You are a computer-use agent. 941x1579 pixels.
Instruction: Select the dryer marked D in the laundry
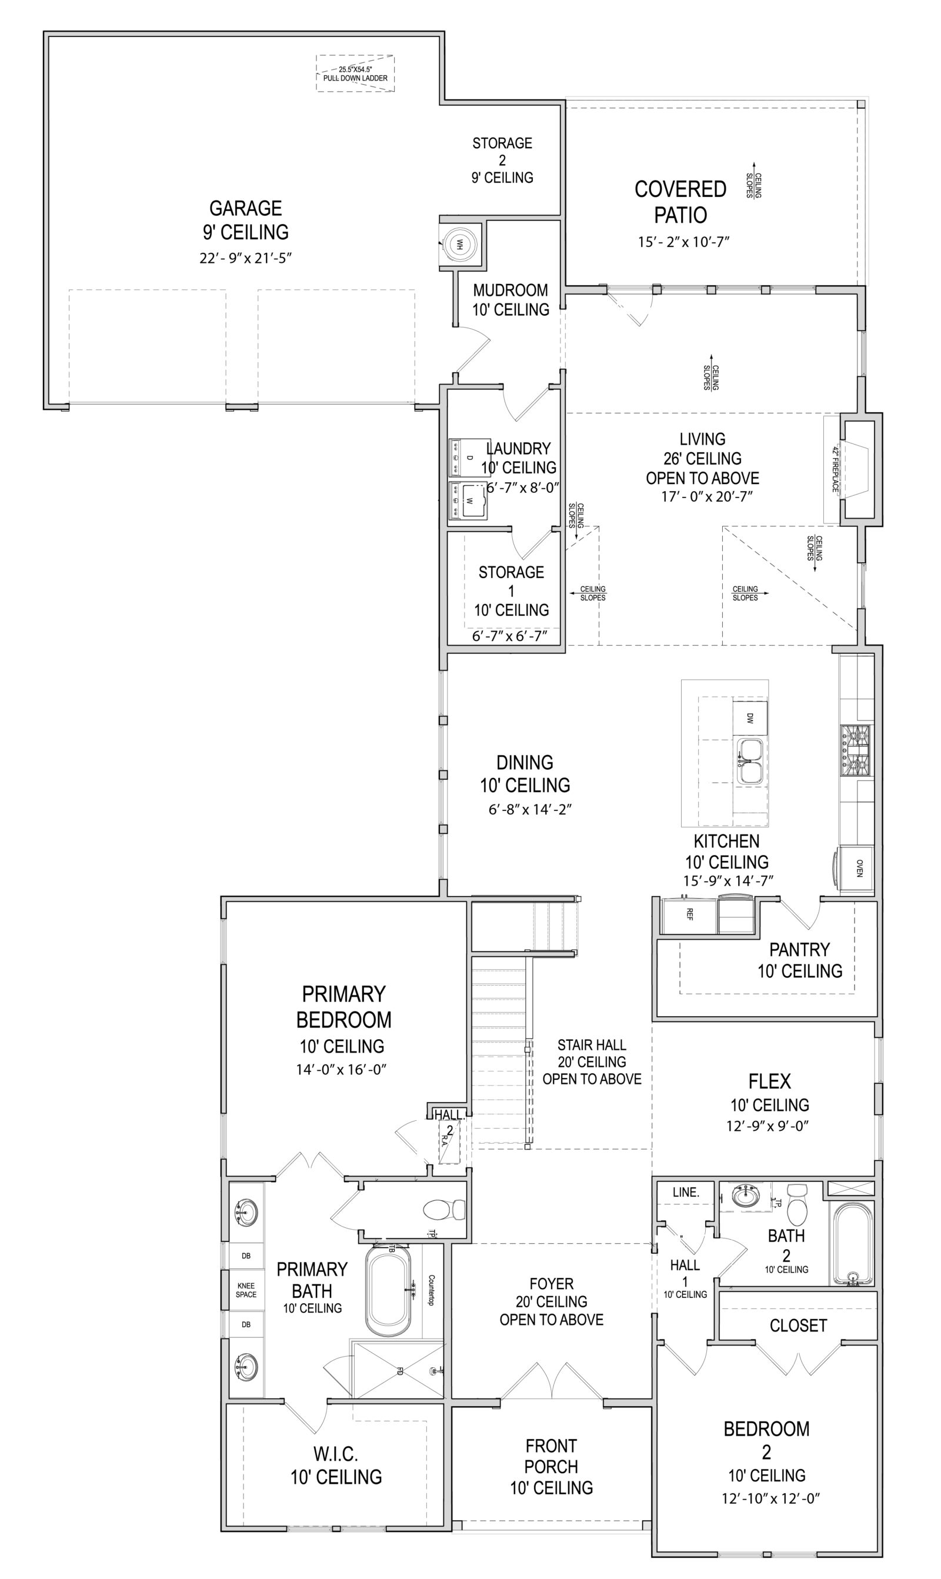pos(469,457)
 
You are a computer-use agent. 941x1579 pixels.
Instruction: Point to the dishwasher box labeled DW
pos(749,718)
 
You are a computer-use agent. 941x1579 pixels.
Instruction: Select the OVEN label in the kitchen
pos(859,869)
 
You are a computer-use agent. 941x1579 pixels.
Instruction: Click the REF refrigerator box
pos(689,914)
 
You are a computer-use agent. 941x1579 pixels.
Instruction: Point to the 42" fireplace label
pos(835,469)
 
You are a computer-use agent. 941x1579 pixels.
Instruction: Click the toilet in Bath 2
pos(796,1205)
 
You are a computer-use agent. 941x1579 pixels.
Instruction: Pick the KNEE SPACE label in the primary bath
pos(246,1290)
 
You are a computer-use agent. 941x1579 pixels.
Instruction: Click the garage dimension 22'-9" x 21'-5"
pos(245,258)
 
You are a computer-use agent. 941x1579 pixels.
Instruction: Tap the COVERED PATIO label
pos(680,202)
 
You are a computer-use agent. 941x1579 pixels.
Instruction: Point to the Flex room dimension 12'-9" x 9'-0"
pos(768,1126)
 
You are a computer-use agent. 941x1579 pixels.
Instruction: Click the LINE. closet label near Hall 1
pos(685,1191)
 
